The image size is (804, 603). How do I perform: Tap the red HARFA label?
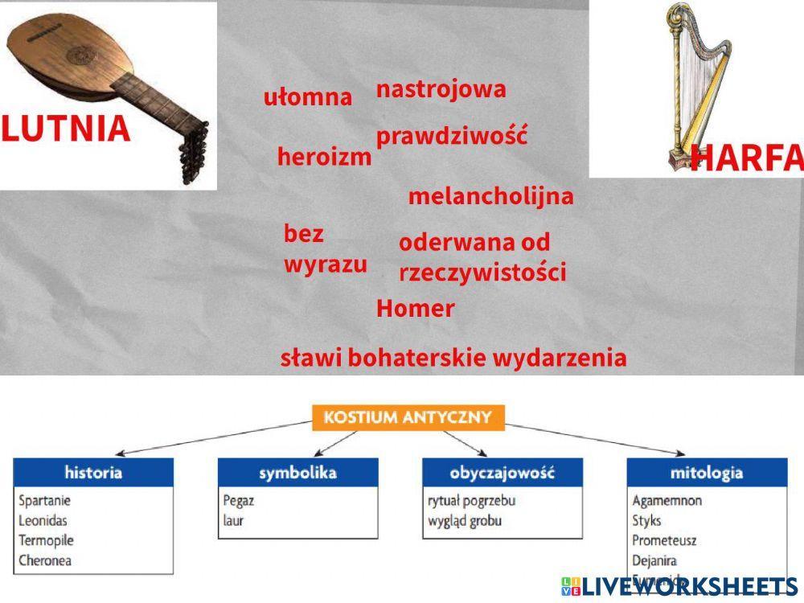pyautogui.click(x=745, y=158)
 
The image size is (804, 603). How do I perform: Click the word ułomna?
pyautogui.click(x=308, y=98)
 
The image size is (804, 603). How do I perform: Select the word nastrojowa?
pyautogui.click(x=441, y=88)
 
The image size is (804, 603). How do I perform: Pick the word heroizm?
pyautogui.click(x=324, y=157)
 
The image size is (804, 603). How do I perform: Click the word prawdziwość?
pyautogui.click(x=451, y=136)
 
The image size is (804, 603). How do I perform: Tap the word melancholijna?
pyautogui.click(x=490, y=196)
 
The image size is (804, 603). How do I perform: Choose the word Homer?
pyautogui.click(x=415, y=309)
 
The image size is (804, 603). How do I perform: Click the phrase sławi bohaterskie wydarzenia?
pyautogui.click(x=453, y=358)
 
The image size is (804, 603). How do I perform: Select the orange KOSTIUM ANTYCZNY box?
pyautogui.click(x=408, y=418)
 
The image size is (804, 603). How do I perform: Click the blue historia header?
pyautogui.click(x=93, y=472)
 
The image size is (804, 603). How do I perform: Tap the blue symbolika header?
pyautogui.click(x=297, y=472)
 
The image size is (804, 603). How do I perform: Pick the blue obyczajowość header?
pyautogui.click(x=503, y=472)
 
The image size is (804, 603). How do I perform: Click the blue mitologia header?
pyautogui.click(x=706, y=472)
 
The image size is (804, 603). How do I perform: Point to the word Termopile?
pyautogui.click(x=46, y=540)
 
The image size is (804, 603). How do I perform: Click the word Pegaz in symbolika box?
pyautogui.click(x=239, y=501)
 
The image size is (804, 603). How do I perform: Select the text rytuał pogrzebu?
pyautogui.click(x=471, y=501)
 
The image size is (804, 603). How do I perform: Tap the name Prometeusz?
pyautogui.click(x=665, y=540)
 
